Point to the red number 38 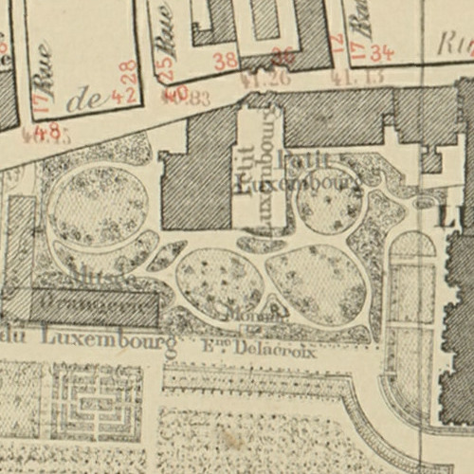coord(226,63)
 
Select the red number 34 coord(382,52)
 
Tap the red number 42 coord(120,95)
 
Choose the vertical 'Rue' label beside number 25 coord(170,38)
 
